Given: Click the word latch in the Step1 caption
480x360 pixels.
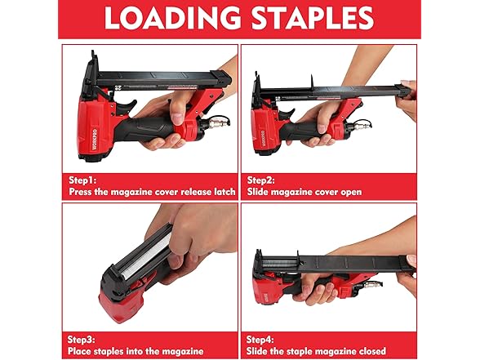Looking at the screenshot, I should click(220, 191).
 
